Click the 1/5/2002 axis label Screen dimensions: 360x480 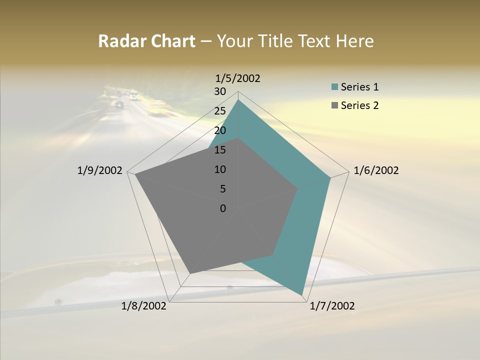(x=238, y=78)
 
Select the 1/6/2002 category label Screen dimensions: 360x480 (x=376, y=170)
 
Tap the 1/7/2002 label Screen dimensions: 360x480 (x=332, y=306)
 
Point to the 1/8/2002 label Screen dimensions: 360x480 (x=144, y=306)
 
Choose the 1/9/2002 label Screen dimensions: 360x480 (x=100, y=170)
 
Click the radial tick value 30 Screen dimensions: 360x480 (x=220, y=91)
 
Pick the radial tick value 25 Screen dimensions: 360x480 (x=220, y=111)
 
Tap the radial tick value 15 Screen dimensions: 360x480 (x=220, y=150)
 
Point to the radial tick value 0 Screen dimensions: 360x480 (x=223, y=208)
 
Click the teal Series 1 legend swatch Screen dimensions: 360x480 (x=334, y=87)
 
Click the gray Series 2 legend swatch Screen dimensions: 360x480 (x=334, y=105)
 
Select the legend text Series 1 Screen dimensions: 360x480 (x=359, y=87)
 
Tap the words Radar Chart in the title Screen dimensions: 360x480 (x=146, y=41)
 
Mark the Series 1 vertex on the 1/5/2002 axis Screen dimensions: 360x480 (x=238, y=100)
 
